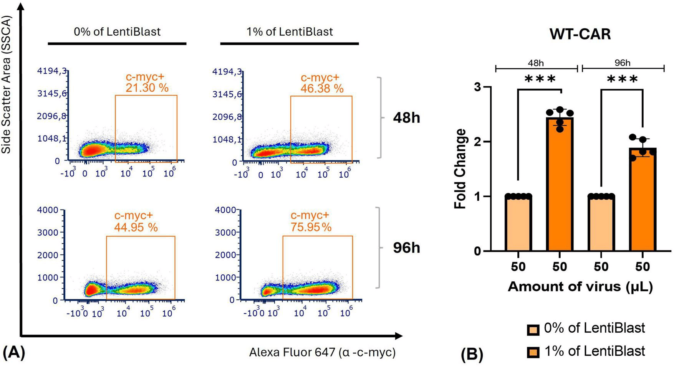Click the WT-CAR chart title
580,35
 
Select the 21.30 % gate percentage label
147,88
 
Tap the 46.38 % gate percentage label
322,89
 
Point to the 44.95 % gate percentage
136,227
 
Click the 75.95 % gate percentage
311,227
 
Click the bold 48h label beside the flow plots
406,118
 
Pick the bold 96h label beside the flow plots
406,248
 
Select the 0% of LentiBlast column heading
117,31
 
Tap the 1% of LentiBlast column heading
290,31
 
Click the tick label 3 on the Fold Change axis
477,87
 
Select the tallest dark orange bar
560,184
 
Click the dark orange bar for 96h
643,200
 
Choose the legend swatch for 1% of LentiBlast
533,352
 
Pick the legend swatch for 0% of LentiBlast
533,329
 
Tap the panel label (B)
472,355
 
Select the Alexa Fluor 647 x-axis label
322,352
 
